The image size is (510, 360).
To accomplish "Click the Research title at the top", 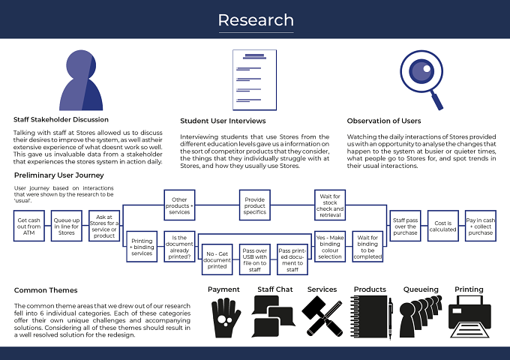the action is (x=256, y=20).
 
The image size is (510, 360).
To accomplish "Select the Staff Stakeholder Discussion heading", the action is (x=61, y=120).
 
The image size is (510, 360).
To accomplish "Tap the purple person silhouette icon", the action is (x=81, y=80).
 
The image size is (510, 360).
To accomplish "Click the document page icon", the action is (x=255, y=80).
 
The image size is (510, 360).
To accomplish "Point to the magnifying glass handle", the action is (x=437, y=100).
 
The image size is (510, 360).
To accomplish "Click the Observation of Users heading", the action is (x=384, y=121).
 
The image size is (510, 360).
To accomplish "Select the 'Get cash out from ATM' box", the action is (x=29, y=226).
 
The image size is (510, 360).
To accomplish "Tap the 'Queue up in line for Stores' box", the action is (x=66, y=226).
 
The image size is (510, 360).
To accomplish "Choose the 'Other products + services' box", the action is (x=179, y=205).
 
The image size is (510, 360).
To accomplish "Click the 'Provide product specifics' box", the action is (x=255, y=205).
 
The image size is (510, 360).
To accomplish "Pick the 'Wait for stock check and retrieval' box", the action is (x=330, y=205).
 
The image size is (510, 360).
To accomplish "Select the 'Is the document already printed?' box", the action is (x=179, y=247).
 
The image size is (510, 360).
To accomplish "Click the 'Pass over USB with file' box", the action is (x=255, y=259).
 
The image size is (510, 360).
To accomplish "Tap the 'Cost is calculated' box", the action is (x=443, y=226).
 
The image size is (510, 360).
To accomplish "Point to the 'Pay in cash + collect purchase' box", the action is (x=481, y=226).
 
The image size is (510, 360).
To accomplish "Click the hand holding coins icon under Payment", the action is (x=225, y=318).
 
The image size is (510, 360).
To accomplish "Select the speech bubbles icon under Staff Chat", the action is (x=273, y=316).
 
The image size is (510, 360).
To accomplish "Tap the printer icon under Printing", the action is (x=469, y=316).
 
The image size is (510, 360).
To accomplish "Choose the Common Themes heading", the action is (x=46, y=290).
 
